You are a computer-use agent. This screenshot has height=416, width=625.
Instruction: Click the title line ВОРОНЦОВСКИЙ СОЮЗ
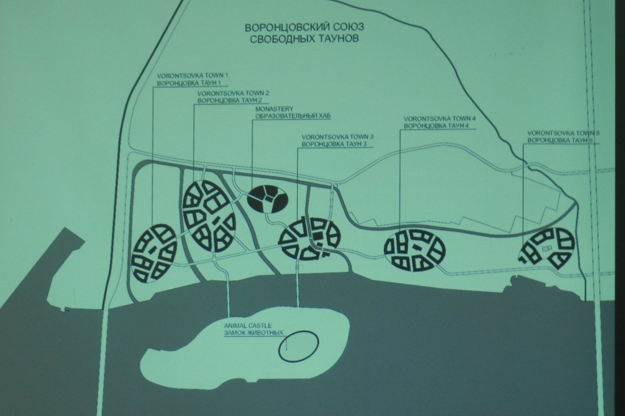304,28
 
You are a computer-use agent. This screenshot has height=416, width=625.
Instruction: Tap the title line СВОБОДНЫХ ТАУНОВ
304,38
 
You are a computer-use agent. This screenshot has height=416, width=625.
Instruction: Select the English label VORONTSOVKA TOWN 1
193,76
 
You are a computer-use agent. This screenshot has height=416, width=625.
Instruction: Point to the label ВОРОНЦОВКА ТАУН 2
230,100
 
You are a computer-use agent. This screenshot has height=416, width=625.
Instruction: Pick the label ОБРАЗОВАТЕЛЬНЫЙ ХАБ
293,116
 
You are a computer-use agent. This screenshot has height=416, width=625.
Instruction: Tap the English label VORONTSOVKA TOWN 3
337,137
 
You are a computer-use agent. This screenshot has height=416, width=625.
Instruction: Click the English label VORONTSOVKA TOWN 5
564,133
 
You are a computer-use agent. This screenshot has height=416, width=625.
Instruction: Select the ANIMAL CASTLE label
248,326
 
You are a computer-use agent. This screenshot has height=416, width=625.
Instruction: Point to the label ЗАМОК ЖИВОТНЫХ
254,333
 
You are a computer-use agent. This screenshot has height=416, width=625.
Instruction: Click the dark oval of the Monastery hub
268,199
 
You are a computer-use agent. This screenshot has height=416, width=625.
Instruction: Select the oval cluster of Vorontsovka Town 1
154,254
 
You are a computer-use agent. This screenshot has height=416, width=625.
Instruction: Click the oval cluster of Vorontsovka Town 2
209,216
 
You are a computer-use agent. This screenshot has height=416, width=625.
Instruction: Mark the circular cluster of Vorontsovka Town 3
310,239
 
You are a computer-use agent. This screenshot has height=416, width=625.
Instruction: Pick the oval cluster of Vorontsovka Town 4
415,251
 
